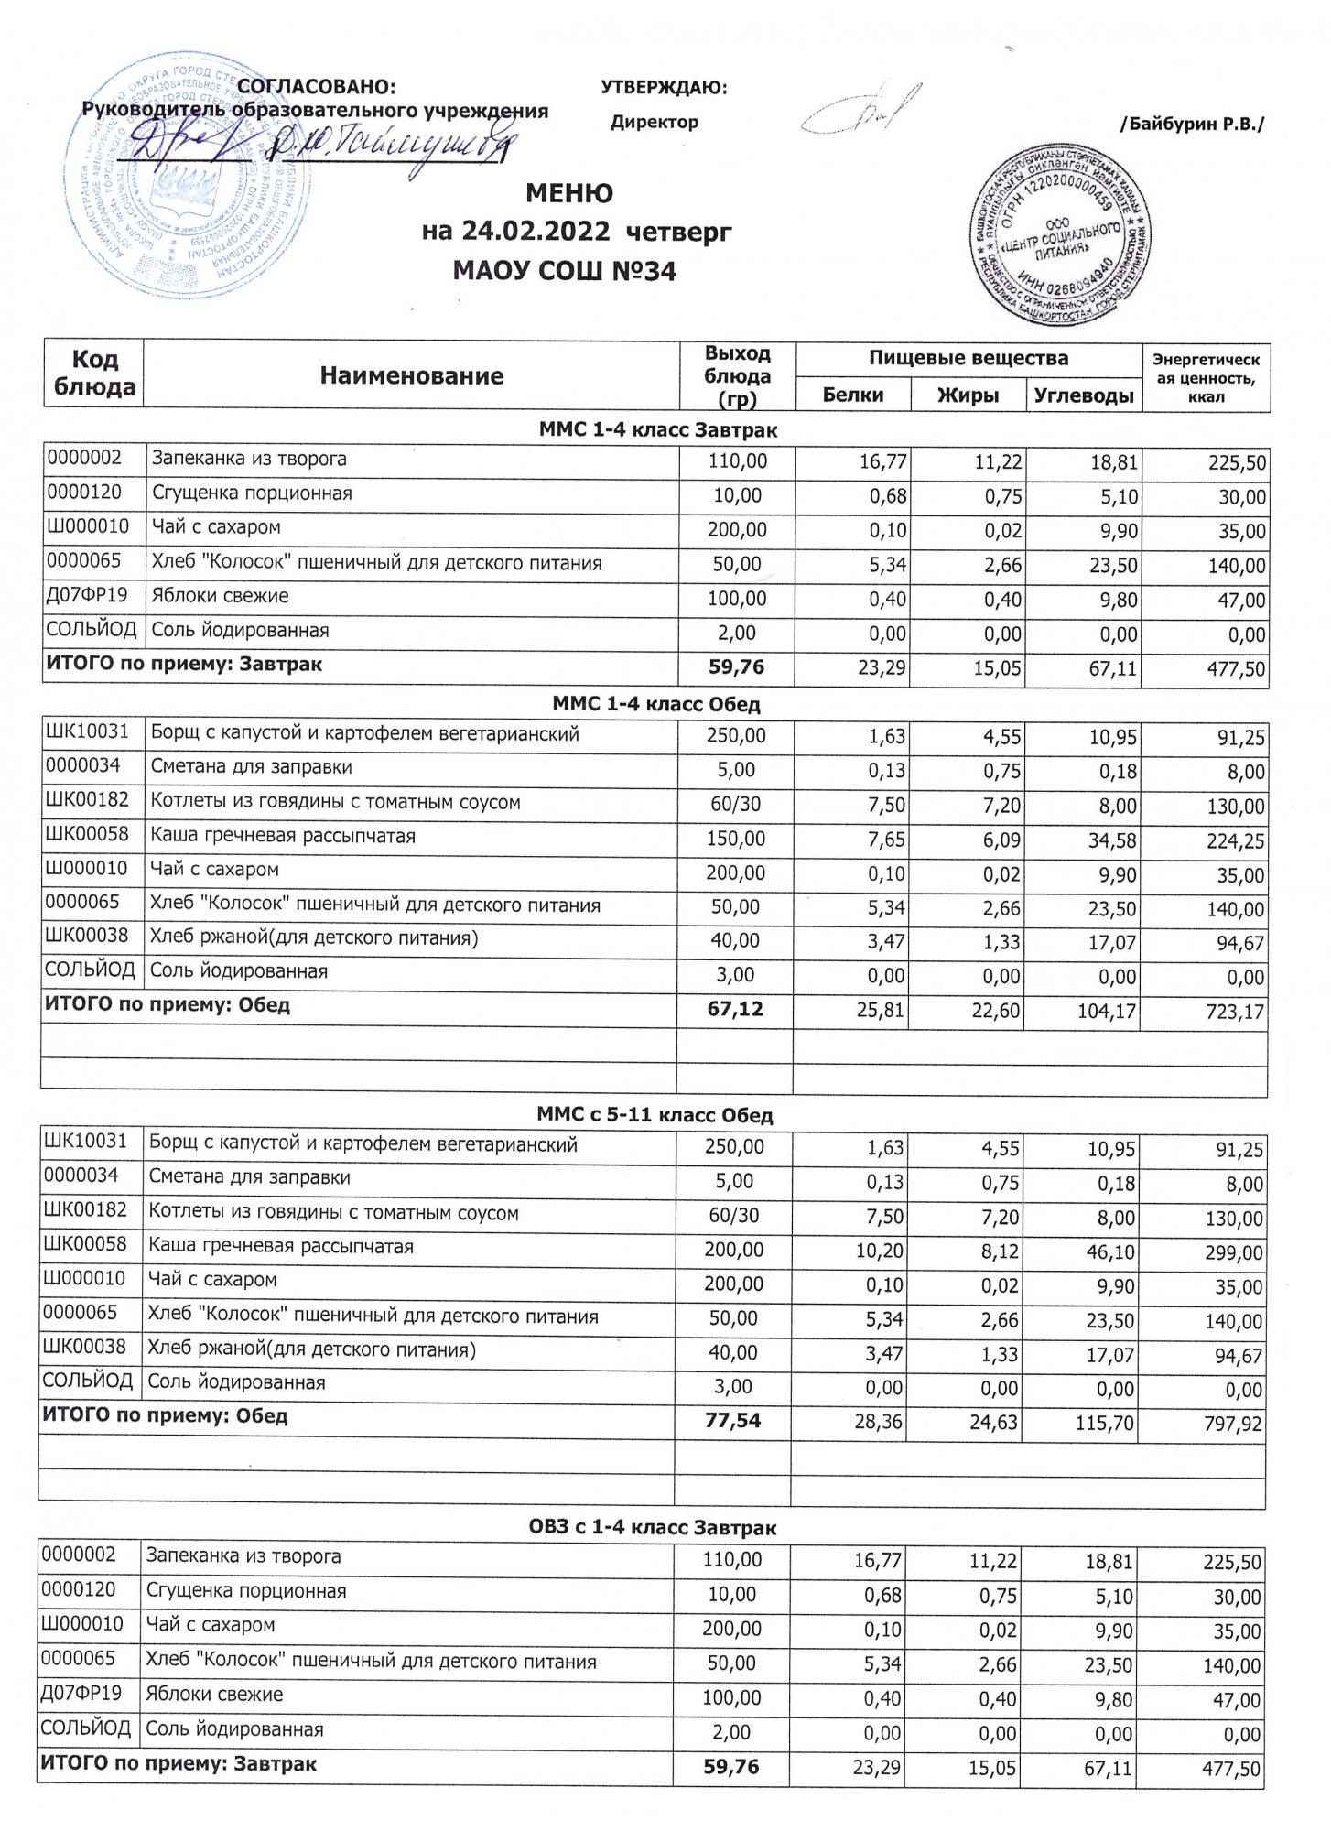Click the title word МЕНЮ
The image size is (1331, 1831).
tap(568, 194)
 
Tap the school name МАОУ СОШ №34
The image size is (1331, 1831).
tap(565, 271)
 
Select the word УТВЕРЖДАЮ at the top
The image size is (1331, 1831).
tap(664, 88)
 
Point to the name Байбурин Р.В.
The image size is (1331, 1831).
tap(1192, 124)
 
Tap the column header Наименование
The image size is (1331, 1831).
tap(412, 375)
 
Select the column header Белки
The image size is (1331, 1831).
tap(853, 395)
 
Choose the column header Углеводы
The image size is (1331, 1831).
tap(1083, 395)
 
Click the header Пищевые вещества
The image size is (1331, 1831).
tap(968, 358)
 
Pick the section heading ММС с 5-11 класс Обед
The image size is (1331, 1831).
tap(655, 1115)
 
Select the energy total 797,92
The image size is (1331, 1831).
tap(1233, 1424)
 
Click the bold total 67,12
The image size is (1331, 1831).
tap(736, 1008)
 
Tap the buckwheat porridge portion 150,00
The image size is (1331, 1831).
tap(736, 838)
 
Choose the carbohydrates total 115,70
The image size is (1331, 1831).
tap(1105, 1424)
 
